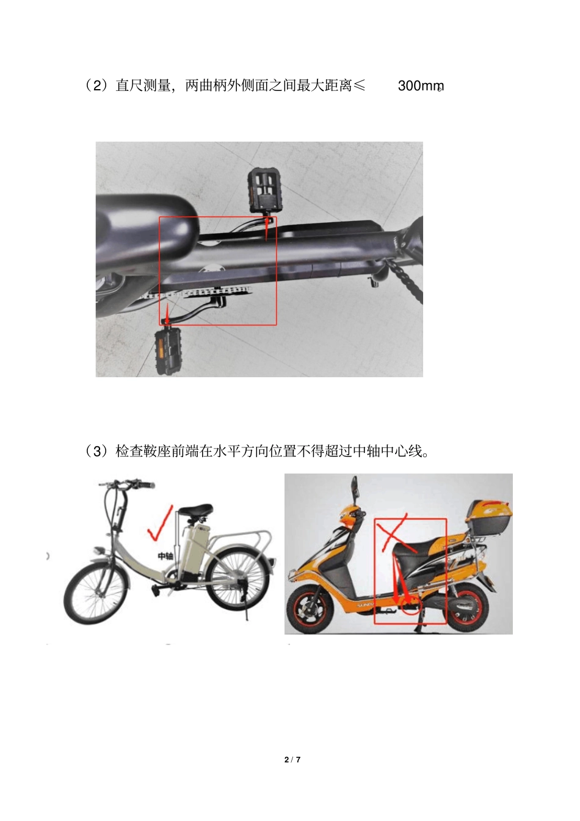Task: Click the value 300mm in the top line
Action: (x=421, y=86)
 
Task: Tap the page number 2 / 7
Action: (x=292, y=759)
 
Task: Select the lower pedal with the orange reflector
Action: (x=167, y=351)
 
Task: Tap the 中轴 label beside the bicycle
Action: (x=165, y=556)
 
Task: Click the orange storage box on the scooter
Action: (x=490, y=518)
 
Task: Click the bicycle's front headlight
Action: (x=100, y=550)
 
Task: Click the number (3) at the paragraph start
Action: (x=96, y=451)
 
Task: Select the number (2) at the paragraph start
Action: (x=96, y=86)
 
